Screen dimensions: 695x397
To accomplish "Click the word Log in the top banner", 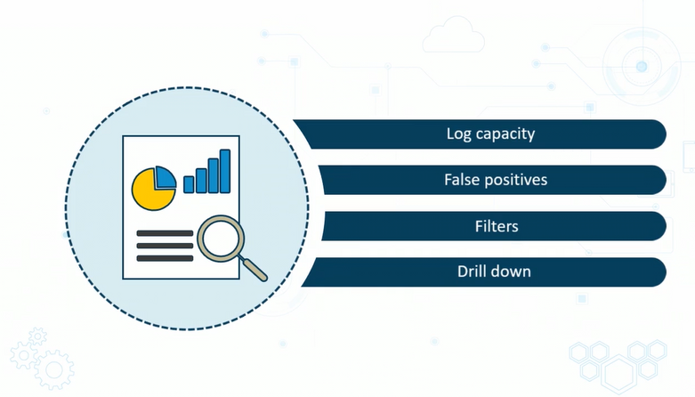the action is [x=459, y=134].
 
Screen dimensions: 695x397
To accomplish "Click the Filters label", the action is [x=497, y=226].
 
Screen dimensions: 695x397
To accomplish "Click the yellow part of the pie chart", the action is [x=151, y=191].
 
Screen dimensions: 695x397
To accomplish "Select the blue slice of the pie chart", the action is [x=166, y=177].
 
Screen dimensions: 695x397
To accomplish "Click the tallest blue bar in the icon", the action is [x=225, y=171].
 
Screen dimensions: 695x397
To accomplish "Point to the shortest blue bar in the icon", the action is [x=189, y=184].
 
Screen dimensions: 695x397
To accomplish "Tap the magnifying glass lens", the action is [x=221, y=239].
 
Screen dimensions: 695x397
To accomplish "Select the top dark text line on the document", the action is [x=165, y=233].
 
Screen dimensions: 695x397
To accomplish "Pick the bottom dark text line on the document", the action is [x=165, y=258].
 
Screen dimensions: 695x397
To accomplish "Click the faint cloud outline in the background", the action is [x=453, y=36].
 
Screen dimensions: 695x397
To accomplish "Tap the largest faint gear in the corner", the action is [x=54, y=370].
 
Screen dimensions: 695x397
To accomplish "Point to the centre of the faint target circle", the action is [x=642, y=67].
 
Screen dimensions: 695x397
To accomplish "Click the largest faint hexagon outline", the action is [x=619, y=375].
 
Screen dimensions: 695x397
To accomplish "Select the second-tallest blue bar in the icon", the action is [x=214, y=175].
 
